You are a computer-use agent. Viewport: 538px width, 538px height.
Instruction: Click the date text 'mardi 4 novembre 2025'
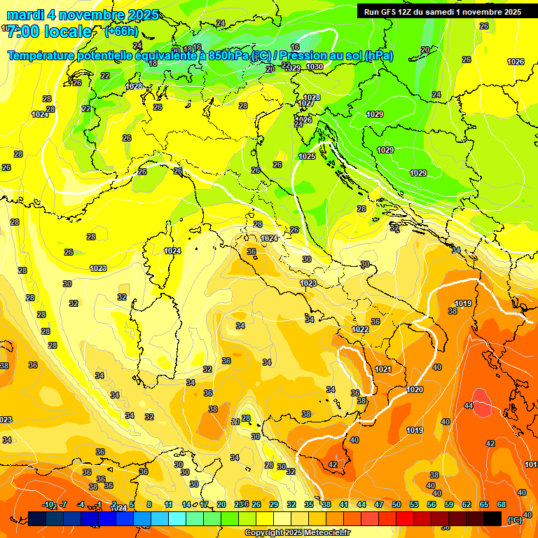coord(83,15)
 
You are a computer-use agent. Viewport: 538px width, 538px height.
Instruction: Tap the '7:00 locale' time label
coord(49,32)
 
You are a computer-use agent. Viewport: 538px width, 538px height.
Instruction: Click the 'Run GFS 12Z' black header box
coord(441,11)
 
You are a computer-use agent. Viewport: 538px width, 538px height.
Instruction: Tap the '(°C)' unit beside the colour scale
coord(514,520)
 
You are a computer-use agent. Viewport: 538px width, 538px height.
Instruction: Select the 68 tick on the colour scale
coord(502,504)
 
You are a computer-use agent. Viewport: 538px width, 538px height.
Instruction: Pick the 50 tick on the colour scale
coord(396,504)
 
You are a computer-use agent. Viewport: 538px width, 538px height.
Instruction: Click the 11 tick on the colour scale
coord(168,504)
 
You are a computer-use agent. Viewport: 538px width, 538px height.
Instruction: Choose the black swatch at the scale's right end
coord(492,518)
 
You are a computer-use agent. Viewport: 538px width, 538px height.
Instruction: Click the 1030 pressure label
coord(315,67)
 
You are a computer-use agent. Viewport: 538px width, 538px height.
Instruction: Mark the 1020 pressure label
coord(415,389)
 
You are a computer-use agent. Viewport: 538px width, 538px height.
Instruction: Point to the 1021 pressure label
coord(383,369)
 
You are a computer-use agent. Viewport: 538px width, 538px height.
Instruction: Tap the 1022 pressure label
coord(360,329)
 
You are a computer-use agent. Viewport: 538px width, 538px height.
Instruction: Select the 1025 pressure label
coord(307,156)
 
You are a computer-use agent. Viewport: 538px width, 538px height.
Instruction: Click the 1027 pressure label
coord(305,103)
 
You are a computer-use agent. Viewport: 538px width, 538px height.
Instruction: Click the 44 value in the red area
coord(469,406)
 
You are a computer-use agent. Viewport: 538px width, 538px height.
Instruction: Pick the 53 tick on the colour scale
coord(414,504)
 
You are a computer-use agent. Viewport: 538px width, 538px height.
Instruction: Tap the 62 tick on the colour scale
coord(467,504)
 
